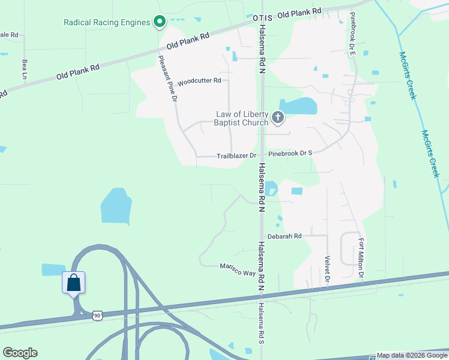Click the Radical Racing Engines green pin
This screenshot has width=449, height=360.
[x=159, y=22]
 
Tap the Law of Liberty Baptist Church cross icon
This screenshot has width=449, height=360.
[x=277, y=117]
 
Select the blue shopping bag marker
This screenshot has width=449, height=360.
[x=73, y=282]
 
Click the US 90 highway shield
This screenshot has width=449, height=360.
[x=97, y=315]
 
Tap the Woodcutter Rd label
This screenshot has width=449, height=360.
[x=200, y=80]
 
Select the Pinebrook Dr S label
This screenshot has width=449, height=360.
[x=290, y=153]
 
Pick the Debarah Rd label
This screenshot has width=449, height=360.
[x=285, y=236]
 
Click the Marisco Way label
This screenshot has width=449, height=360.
[x=237, y=269]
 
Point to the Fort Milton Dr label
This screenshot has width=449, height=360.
[x=361, y=258]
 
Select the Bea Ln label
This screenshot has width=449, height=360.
[x=25, y=69]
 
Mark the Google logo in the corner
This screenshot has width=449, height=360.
[x=20, y=352]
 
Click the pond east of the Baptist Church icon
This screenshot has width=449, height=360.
[x=300, y=107]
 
